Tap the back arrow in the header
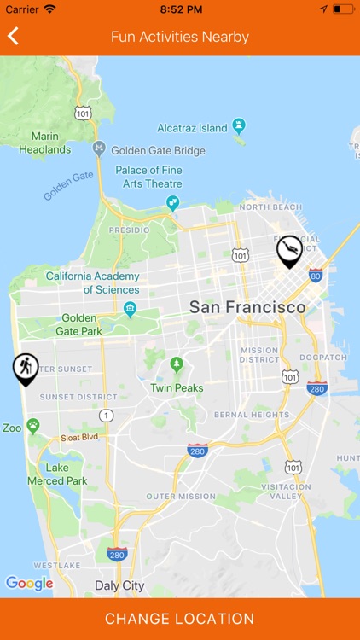(x=13, y=36)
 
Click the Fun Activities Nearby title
(x=180, y=37)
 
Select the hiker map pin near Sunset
(x=26, y=368)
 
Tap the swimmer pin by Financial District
(x=290, y=250)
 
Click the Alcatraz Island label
(x=192, y=128)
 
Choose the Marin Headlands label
(x=45, y=143)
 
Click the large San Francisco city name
(x=247, y=307)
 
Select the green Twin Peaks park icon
(x=177, y=365)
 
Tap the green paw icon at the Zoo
(x=33, y=425)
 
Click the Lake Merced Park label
(x=67, y=474)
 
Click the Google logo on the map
(x=29, y=584)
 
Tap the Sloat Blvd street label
(x=78, y=437)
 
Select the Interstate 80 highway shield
(x=316, y=275)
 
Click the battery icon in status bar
(x=342, y=9)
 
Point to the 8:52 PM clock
(x=180, y=9)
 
